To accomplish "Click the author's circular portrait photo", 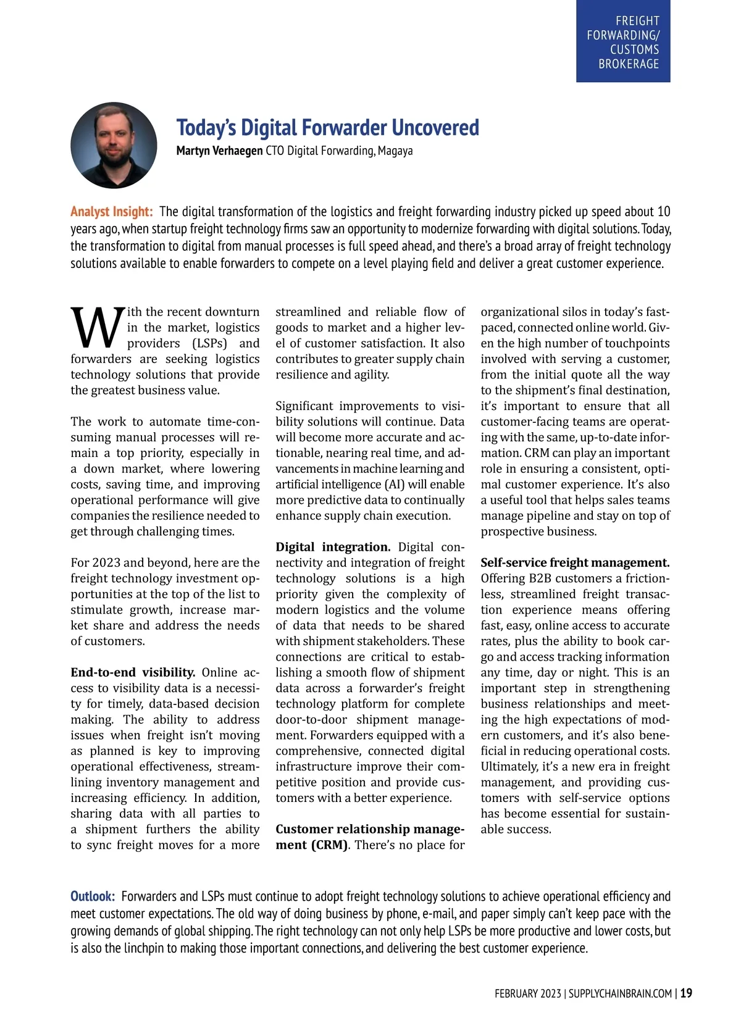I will coord(114,145).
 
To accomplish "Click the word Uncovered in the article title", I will coord(435,128).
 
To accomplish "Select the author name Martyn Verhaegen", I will coord(219,151).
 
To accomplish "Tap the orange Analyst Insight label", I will coord(111,212).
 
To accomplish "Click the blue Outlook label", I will coord(93,896).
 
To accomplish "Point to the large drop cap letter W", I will coord(97,328).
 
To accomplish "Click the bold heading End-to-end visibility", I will coord(133,672).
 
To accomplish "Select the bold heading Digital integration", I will coord(333,547).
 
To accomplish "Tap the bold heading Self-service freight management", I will coord(575,562).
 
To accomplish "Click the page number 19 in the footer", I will coord(686,993).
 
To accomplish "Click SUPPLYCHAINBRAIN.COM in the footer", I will coord(620,993).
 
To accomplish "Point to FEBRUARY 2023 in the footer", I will coord(527,993).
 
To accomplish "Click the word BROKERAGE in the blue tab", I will coord(629,64).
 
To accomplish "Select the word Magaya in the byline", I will coord(395,151).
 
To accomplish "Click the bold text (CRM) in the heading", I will coord(329,845).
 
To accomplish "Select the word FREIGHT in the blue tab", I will coord(637,21).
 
